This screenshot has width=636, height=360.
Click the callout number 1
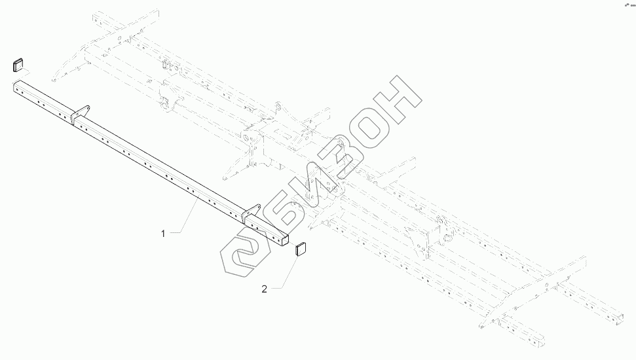164,232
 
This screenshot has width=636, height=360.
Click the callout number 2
265,288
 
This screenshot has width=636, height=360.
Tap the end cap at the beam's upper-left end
18,64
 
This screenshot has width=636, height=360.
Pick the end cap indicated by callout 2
302,249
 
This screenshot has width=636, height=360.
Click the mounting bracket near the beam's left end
81,113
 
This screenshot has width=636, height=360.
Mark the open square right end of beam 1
284,240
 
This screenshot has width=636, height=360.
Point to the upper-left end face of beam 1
14,84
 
